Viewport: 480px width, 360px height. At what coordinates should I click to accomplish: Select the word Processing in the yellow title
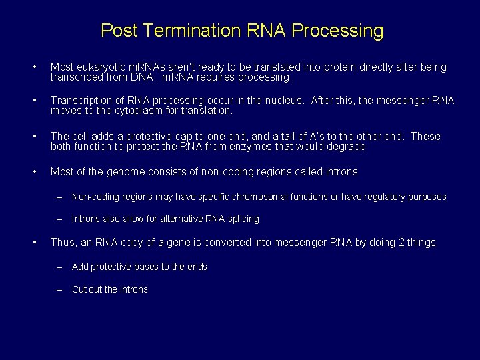(338, 31)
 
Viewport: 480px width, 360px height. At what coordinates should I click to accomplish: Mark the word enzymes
(277, 146)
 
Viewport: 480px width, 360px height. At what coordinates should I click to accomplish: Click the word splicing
(241, 219)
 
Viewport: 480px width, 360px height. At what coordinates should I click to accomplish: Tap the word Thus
(62, 243)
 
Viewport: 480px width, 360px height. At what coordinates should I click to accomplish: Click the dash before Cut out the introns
(59, 289)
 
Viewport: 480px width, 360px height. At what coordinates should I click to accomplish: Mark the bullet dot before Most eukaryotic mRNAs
(35, 67)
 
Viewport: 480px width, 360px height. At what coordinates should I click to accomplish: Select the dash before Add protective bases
(59, 267)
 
